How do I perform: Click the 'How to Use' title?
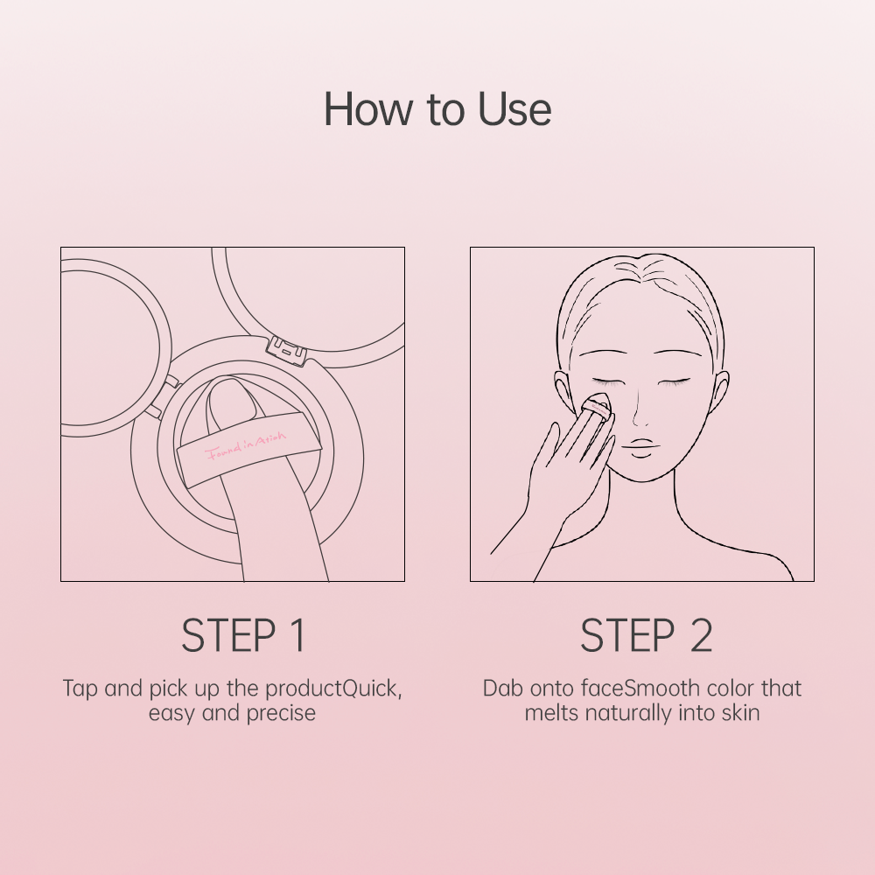tap(437, 109)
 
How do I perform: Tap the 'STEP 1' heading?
tap(243, 636)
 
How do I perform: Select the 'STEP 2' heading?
tap(646, 636)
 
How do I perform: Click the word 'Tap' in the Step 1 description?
tap(80, 688)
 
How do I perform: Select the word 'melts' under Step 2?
tap(551, 713)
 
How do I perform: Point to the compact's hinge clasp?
tap(287, 349)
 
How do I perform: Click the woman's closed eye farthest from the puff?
tap(675, 382)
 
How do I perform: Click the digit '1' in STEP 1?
tap(297, 636)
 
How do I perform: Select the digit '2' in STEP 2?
tap(701, 636)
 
